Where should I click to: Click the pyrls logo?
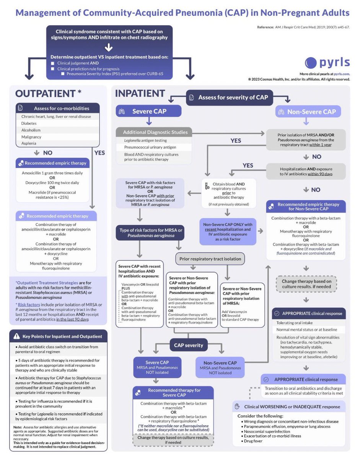click(x=327, y=63)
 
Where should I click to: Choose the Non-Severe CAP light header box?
click(x=308, y=111)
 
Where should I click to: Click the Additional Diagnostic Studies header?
click(x=155, y=132)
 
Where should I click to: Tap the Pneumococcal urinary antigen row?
click(x=155, y=147)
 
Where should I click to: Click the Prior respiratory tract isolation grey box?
click(x=210, y=259)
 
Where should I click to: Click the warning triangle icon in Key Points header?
click(x=17, y=336)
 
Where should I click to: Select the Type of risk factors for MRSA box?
click(x=150, y=233)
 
